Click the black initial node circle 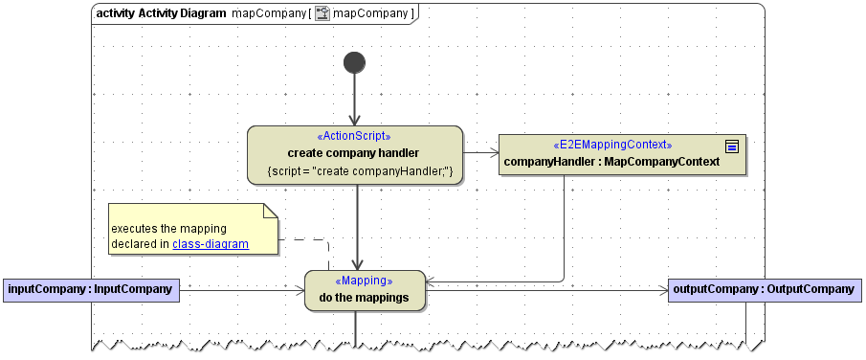(354, 62)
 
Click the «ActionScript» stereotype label (353, 136)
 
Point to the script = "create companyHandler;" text (354, 170)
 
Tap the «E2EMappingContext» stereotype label (613, 145)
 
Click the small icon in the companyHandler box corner (732, 146)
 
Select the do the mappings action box (365, 298)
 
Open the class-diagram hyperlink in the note (211, 244)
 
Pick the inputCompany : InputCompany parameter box (91, 288)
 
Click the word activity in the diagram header (116, 13)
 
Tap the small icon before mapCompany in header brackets (322, 13)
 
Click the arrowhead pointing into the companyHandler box (493, 152)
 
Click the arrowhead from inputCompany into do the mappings (299, 289)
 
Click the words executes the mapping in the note (168, 229)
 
